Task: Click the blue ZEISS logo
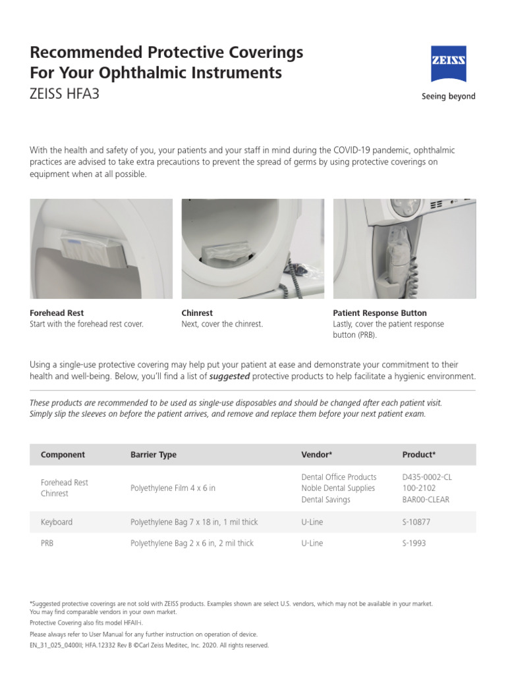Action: [449, 64]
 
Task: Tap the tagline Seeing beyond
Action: [448, 96]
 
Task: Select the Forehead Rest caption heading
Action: [57, 313]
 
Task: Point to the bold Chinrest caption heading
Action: [197, 313]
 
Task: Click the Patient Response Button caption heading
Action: [379, 313]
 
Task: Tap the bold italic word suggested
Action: [229, 376]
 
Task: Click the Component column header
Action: [63, 455]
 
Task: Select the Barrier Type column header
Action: [154, 455]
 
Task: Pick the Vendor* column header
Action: [316, 455]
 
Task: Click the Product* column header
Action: [418, 455]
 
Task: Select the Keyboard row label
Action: [57, 522]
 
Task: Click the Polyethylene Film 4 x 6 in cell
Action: [173, 488]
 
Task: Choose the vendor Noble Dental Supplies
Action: [338, 488]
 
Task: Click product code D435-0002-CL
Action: [427, 477]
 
